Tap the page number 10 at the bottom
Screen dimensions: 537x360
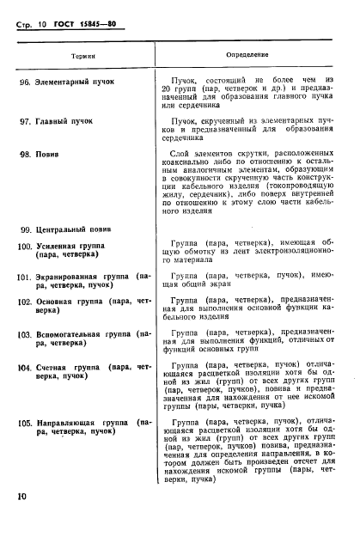(22, 497)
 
